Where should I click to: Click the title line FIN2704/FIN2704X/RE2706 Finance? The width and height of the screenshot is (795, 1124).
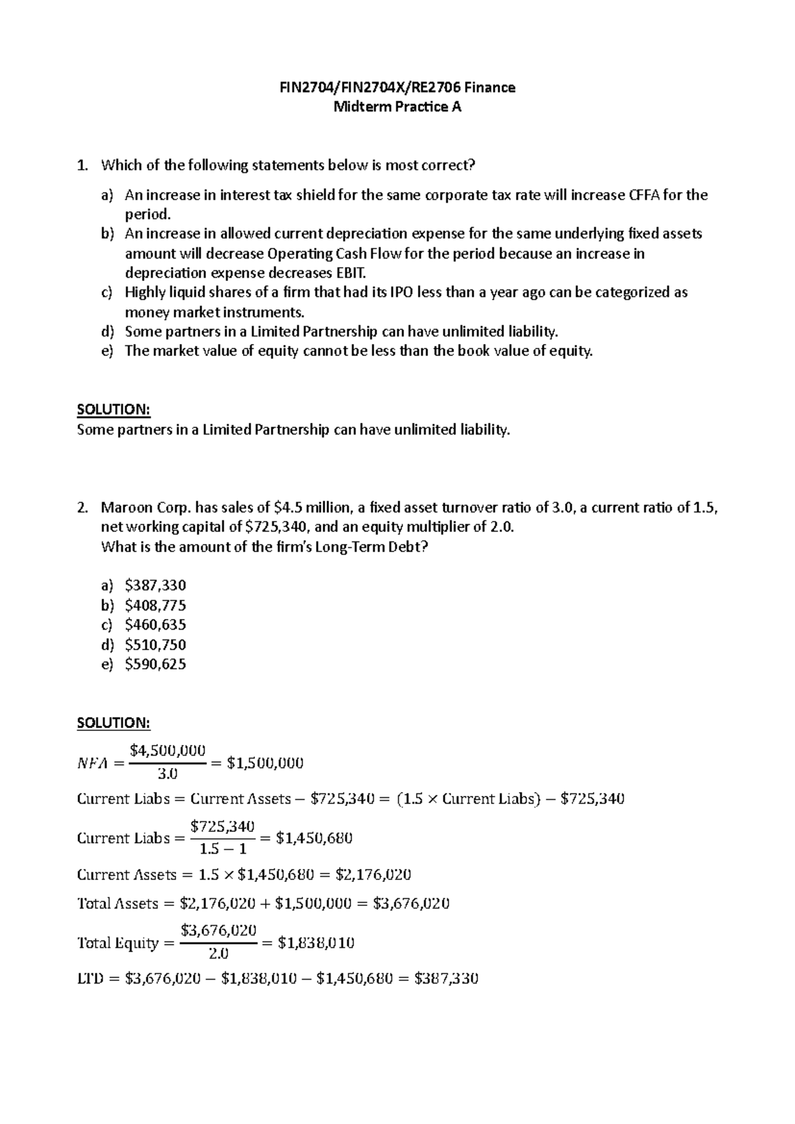397,87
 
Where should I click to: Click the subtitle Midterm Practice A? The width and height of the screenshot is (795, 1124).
397,107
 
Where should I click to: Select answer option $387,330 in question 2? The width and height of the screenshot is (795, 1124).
155,585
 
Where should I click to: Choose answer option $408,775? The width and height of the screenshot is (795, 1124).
155,605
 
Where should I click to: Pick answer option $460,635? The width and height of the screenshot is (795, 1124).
155,625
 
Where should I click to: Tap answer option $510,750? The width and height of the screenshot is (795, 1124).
155,645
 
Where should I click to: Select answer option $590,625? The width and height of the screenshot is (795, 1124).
155,664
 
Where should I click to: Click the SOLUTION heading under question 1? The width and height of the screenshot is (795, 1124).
114,410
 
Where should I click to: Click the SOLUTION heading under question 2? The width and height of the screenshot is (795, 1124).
114,722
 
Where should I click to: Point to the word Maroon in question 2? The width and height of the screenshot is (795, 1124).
127,508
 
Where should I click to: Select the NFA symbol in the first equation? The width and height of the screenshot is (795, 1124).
91,763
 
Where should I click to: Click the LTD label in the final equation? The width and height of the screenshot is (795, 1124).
90,979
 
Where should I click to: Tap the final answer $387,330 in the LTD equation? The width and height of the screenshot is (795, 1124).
446,979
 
